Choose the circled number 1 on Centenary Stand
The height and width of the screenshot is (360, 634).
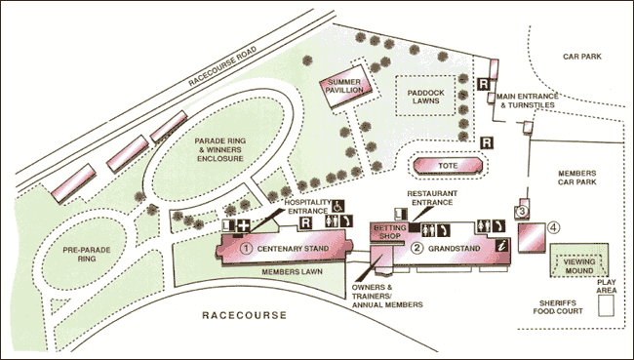point(247,248)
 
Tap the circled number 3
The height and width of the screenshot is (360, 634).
point(522,212)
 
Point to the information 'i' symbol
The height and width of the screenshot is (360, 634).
point(502,244)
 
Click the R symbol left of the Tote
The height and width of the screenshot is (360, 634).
point(487,143)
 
